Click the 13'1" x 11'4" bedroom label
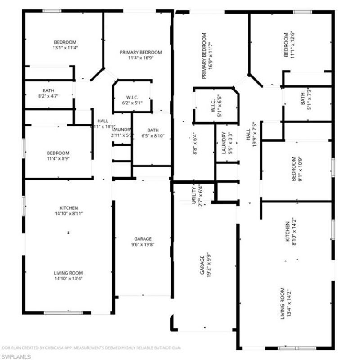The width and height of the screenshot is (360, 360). pos(65,45)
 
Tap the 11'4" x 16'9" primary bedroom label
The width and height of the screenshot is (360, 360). pos(140,55)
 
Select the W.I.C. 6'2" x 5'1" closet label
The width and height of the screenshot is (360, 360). pos(132,99)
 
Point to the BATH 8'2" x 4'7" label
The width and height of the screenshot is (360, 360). pos(48,93)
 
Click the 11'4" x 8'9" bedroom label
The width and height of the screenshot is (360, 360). pos(58,155)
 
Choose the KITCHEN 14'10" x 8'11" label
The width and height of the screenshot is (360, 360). pos(68,211)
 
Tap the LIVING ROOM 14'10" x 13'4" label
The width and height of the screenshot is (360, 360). pos(68,275)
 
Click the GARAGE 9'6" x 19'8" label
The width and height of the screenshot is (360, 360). pos(143,242)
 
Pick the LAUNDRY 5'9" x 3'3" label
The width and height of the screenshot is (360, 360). pos(226,143)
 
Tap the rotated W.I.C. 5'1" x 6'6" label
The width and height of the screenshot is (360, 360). pos(216,107)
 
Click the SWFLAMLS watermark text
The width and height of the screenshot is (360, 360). pos(16,356)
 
